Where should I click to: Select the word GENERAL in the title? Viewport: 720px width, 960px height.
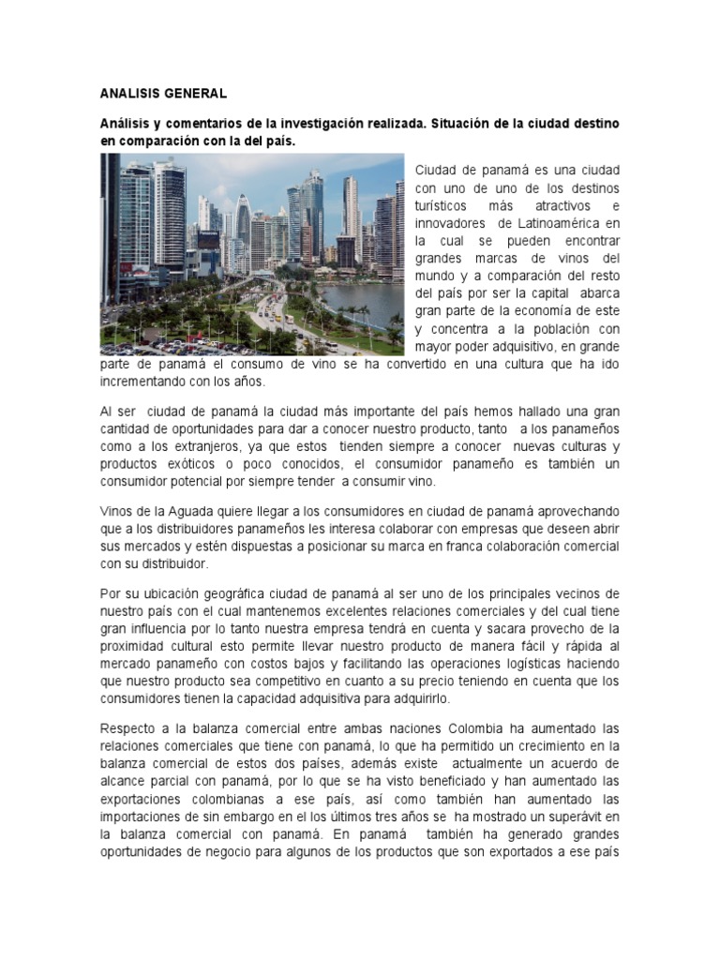coord(197,94)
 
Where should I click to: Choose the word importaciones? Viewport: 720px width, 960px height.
coord(144,817)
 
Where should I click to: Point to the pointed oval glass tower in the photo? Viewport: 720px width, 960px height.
coord(244,220)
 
